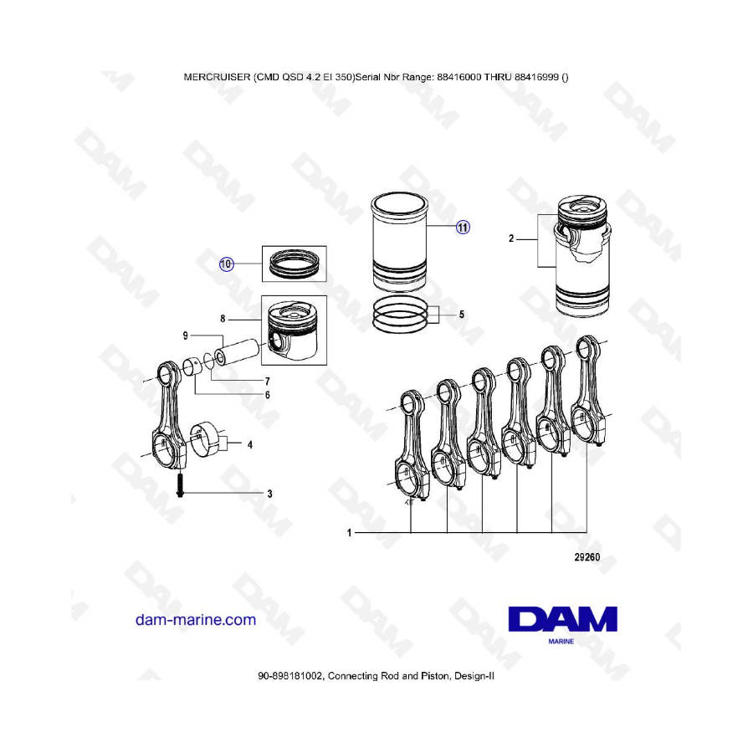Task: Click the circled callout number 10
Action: pos(226,264)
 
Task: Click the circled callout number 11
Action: pos(463,227)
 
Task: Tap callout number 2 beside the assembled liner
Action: pos(511,238)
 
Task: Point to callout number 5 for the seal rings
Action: pos(462,315)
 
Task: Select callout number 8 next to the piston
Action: pos(223,319)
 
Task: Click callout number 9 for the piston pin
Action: pos(186,336)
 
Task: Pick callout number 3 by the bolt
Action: pos(270,494)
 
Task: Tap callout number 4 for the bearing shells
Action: pos(249,445)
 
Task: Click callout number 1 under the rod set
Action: pos(349,533)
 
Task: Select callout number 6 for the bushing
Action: pos(268,395)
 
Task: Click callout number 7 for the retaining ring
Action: pos(268,382)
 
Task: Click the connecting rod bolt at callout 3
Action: pos(180,485)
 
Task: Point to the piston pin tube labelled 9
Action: pos(238,352)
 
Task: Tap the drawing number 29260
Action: pos(587,557)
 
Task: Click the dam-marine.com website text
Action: pos(196,619)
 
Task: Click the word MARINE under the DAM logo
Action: pos(561,641)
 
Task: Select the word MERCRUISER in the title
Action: pos(217,77)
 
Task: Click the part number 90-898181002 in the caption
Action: pos(291,676)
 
